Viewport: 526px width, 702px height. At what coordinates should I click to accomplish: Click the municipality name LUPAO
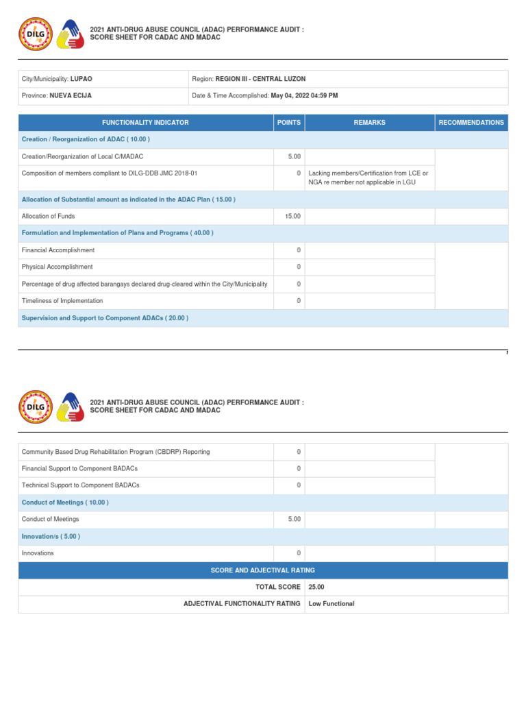coord(81,80)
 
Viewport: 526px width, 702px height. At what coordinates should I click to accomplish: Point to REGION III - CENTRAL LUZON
coord(260,80)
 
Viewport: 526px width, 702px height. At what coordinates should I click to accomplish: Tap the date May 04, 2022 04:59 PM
coord(304,96)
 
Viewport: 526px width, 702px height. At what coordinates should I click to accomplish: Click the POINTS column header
coord(288,123)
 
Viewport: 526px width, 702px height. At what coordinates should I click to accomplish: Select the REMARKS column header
coord(369,123)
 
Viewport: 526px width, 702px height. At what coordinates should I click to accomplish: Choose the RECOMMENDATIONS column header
coord(471,123)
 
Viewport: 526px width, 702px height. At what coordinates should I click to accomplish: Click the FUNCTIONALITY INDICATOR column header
coord(145,123)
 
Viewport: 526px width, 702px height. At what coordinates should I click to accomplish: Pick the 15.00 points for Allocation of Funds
coord(292,217)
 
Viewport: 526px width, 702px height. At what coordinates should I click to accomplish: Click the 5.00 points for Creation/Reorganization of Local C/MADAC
coord(295,157)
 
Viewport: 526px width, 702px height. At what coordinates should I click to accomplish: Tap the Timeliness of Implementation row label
coord(62,301)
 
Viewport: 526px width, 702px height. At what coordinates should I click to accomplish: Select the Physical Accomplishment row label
coord(57,267)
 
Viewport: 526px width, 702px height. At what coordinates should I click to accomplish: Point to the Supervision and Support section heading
coord(105,318)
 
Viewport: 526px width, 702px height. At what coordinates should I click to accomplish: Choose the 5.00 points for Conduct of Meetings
coord(295,520)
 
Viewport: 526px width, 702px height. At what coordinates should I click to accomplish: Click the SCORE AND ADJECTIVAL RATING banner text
coord(263,570)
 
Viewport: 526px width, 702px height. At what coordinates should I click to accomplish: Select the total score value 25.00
coord(316,588)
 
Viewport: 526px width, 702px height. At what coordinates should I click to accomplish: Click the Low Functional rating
coord(331,604)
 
